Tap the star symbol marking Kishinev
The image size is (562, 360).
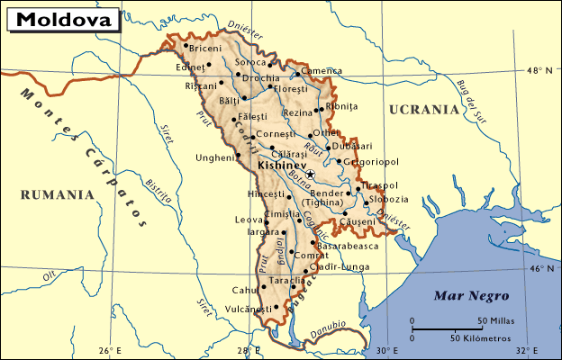pyautogui.click(x=311, y=173)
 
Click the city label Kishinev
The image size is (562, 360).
pyautogui.click(x=280, y=166)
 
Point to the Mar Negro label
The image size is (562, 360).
pyautogui.click(x=471, y=295)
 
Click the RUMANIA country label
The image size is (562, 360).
pyautogui.click(x=58, y=193)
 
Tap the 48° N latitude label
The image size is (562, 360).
pyautogui.click(x=539, y=69)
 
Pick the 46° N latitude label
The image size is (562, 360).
pyautogui.click(x=539, y=268)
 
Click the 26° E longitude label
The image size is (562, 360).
pyautogui.click(x=109, y=350)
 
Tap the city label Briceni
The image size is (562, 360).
pyautogui.click(x=205, y=47)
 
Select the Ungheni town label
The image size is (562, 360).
pyautogui.click(x=214, y=158)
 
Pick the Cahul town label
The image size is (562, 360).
pyautogui.click(x=244, y=290)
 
